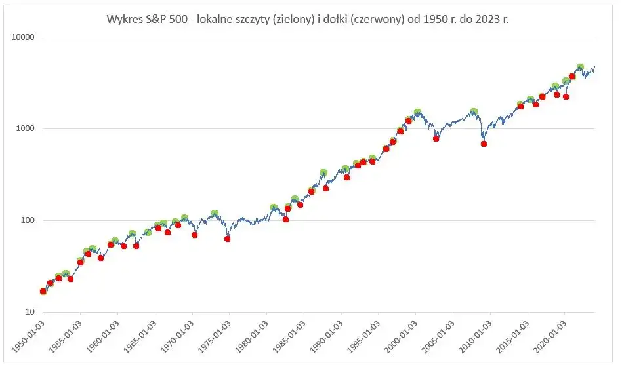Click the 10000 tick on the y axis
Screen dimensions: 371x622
coord(24,37)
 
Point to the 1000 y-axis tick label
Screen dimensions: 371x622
coord(26,128)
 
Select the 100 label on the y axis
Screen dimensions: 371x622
coord(28,220)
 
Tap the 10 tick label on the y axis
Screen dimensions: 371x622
coord(30,312)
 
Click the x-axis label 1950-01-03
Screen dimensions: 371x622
coord(28,336)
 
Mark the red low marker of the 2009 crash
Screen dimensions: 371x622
coord(484,144)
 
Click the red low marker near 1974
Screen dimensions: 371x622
coord(228,239)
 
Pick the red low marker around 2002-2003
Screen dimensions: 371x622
coord(436,138)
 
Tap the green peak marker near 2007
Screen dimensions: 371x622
coord(474,112)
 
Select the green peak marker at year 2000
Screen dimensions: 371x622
coord(417,113)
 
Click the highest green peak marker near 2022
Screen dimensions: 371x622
coord(580,68)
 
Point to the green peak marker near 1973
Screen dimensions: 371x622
coord(215,214)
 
